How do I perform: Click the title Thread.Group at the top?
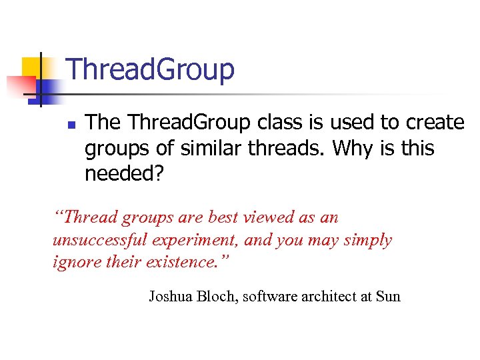click(x=151, y=69)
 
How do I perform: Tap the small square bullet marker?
click(x=71, y=125)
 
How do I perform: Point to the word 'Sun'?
click(x=388, y=296)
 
